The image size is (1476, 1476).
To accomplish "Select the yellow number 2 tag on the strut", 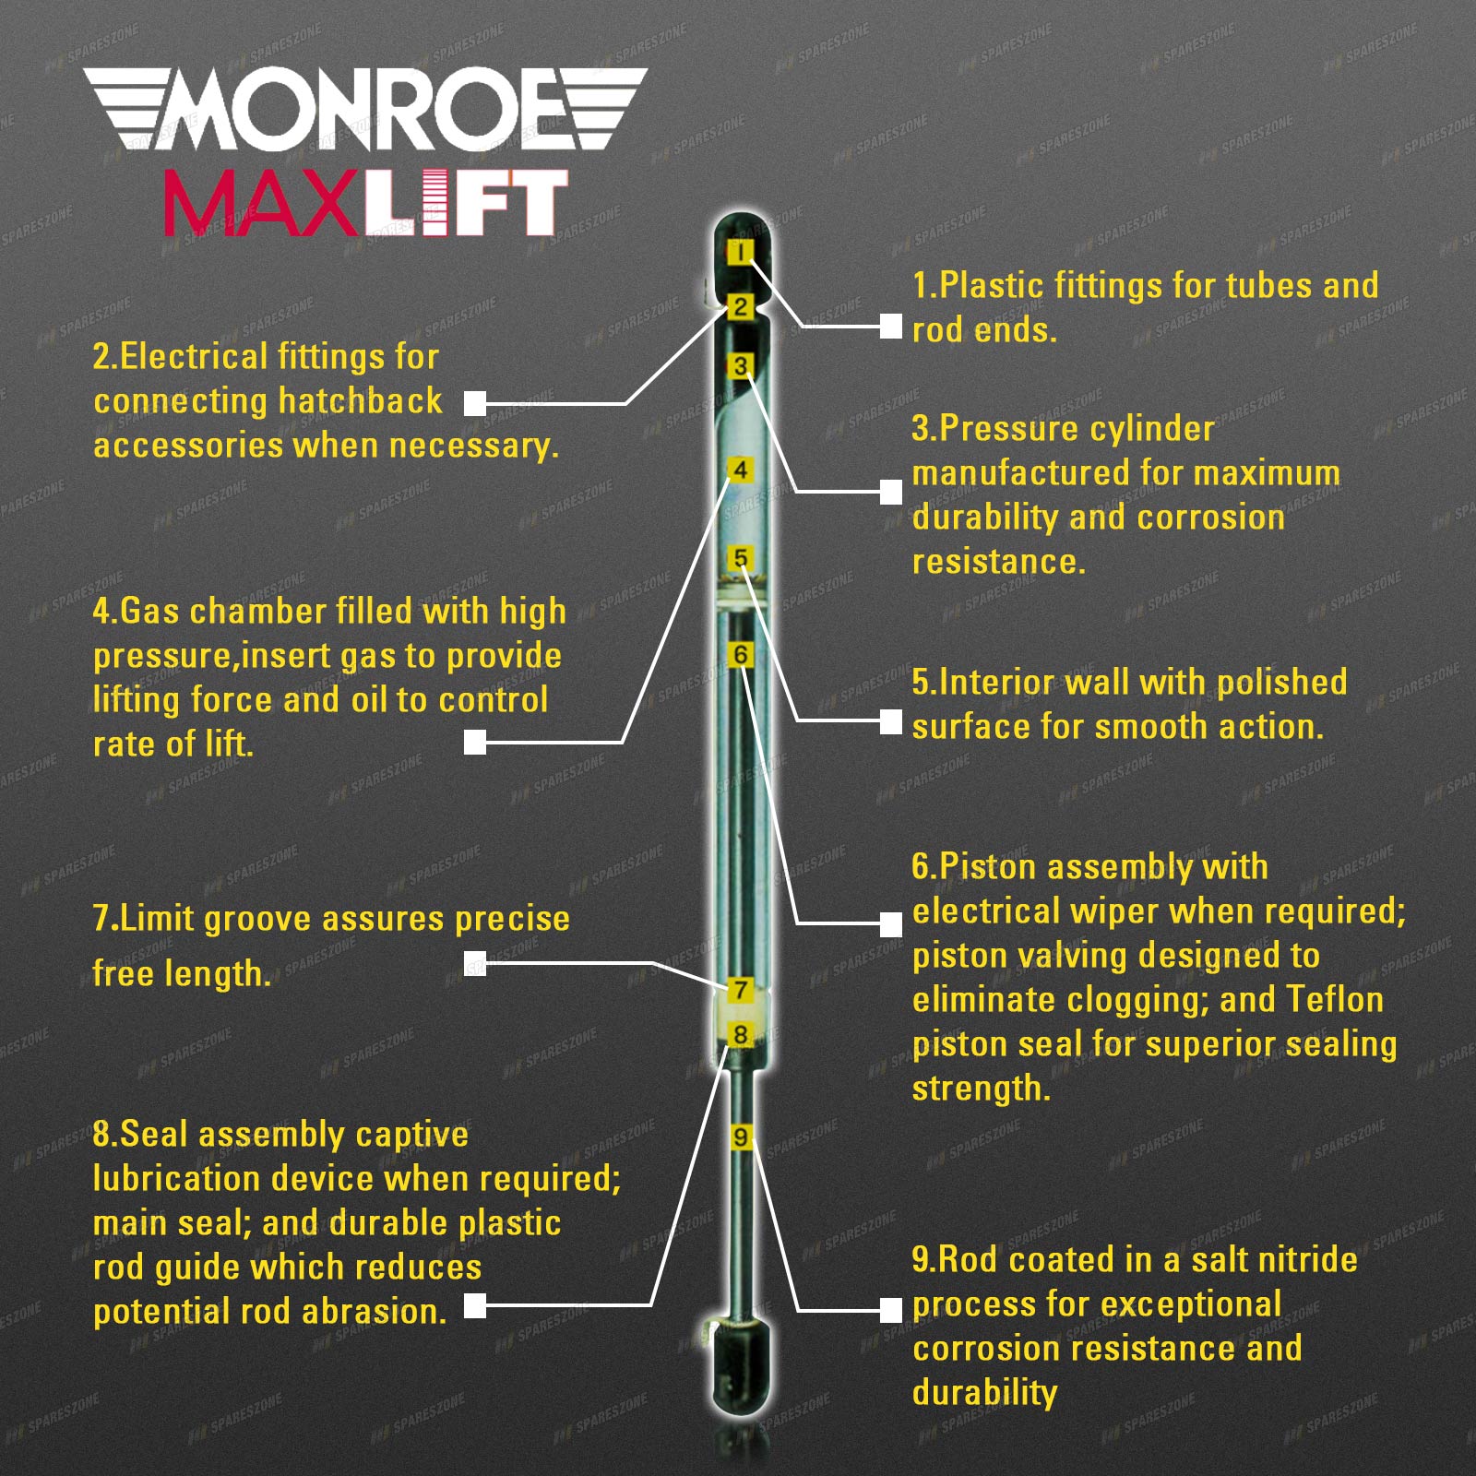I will pyautogui.click(x=740, y=307).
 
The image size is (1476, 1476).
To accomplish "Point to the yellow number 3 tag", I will pyautogui.click(x=740, y=366).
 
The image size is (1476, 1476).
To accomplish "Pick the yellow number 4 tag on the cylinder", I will pyautogui.click(x=740, y=470).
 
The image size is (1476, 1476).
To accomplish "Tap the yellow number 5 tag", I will pyautogui.click(x=740, y=558).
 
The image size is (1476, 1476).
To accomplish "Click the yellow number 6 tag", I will pyautogui.click(x=740, y=655).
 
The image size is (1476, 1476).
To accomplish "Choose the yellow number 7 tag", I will pyautogui.click(x=740, y=990).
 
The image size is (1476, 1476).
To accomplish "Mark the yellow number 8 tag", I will pyautogui.click(x=740, y=1034).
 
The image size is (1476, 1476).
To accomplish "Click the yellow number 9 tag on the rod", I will pyautogui.click(x=741, y=1137).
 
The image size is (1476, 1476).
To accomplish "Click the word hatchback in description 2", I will pyautogui.click(x=360, y=401).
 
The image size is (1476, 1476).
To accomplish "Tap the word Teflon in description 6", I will pyautogui.click(x=1334, y=999).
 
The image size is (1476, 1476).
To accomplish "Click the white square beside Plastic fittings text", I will pyautogui.click(x=890, y=326).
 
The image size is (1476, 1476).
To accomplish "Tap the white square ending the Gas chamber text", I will pyautogui.click(x=475, y=742).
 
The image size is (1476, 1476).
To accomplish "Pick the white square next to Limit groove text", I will pyautogui.click(x=475, y=963).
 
